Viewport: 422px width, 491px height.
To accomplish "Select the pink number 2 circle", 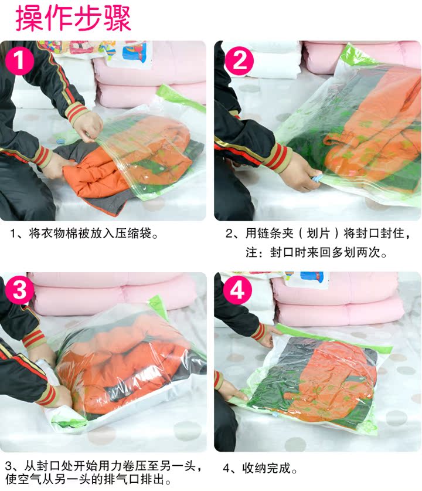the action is point(239,61).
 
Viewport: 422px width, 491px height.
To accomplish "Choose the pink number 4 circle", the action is point(237,290).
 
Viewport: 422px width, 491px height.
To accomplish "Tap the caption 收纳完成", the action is point(266,468).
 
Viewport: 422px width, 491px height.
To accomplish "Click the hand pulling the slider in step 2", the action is point(300,174).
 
